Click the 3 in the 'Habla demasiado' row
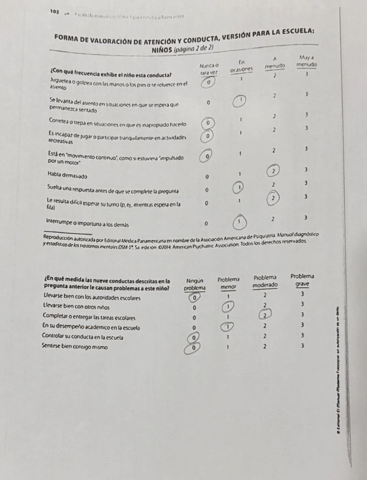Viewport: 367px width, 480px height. [306, 169]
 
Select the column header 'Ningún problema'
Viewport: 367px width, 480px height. [195, 284]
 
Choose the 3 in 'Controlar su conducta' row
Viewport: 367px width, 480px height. [303, 336]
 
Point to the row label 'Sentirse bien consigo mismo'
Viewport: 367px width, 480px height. [75, 346]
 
